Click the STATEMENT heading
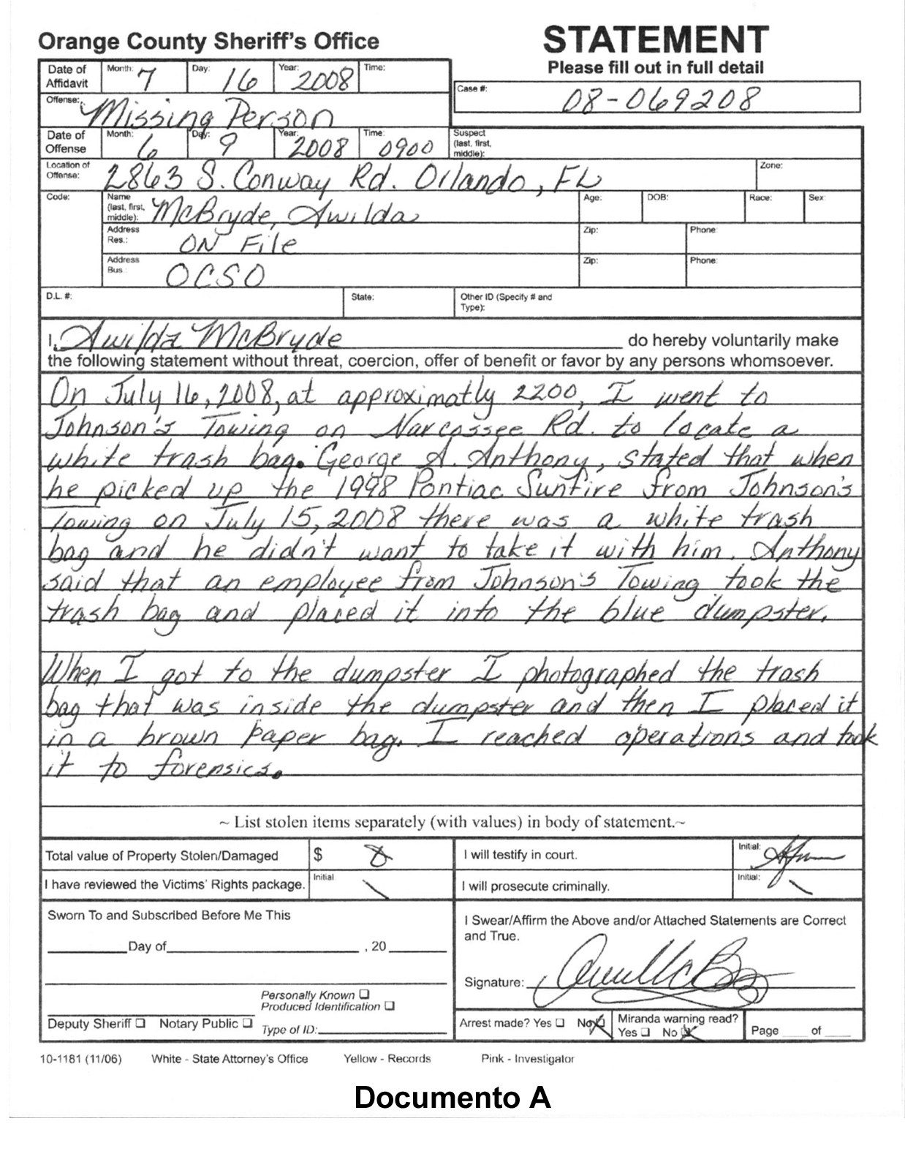[656, 40]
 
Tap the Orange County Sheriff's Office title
[208, 42]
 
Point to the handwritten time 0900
[404, 148]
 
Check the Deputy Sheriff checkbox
[141, 1023]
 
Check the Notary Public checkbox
[248, 1023]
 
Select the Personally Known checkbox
[364, 995]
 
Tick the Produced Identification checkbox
[390, 1006]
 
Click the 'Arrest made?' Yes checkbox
[560, 1022]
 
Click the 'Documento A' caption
[452, 1097]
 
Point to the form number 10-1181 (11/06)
[80, 1058]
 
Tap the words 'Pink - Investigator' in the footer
[527, 1058]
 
